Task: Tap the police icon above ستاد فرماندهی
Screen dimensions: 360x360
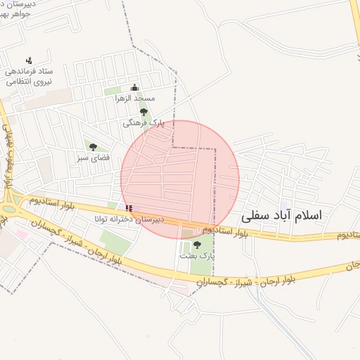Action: [29, 60]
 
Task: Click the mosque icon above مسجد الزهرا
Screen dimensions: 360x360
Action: [135, 88]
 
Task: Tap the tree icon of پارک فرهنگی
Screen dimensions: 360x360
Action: [143, 112]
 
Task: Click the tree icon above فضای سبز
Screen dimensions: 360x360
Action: [93, 147]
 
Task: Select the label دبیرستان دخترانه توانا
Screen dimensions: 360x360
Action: [130, 219]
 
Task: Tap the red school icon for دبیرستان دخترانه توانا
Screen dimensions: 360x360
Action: [128, 208]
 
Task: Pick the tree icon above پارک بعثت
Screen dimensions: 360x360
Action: [196, 245]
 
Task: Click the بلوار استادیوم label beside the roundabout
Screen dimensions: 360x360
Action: [51, 202]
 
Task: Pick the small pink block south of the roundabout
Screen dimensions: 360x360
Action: [22, 235]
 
